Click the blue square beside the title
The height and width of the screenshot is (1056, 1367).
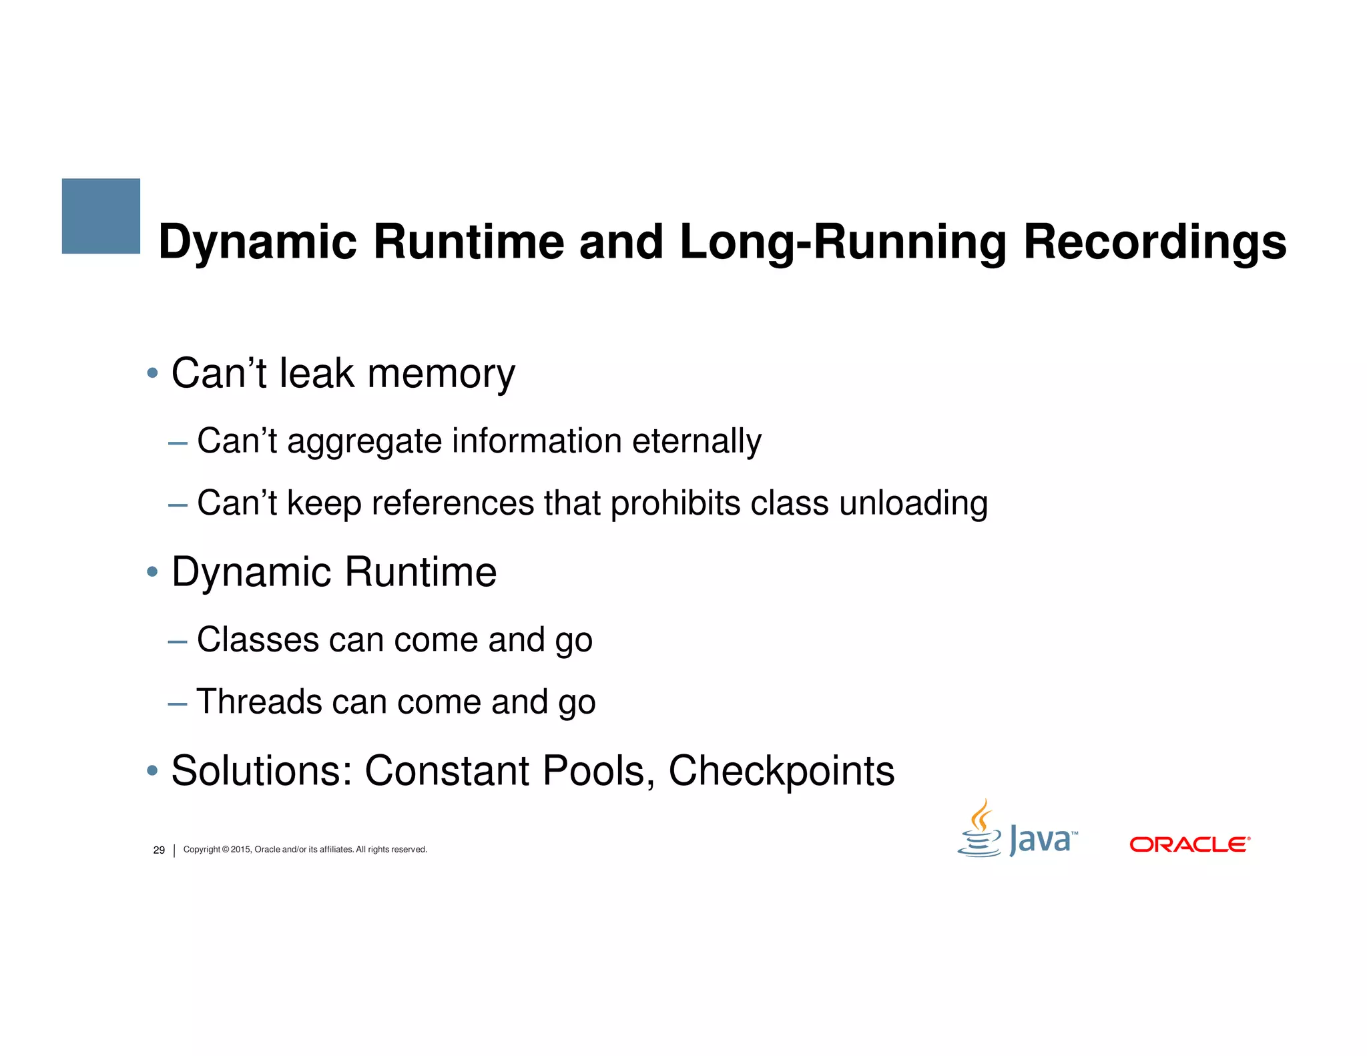coord(101,216)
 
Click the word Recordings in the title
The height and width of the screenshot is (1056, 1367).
coord(1154,242)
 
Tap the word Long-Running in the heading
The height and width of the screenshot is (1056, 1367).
coord(842,242)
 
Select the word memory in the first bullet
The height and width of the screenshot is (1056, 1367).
coord(441,374)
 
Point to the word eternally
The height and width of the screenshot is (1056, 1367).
coord(696,441)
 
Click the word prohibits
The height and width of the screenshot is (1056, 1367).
coord(675,503)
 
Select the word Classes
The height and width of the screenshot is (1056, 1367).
coord(258,639)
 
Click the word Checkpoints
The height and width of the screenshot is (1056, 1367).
coord(781,771)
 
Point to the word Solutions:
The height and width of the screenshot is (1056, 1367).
coord(262,771)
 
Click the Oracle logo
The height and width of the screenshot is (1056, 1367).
coord(1189,844)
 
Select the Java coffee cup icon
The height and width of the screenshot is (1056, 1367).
coord(979,830)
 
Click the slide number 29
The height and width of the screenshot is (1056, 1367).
coord(159,850)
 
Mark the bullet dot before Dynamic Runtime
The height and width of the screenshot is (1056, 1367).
coord(152,571)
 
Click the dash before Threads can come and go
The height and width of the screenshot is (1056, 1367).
coord(178,703)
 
